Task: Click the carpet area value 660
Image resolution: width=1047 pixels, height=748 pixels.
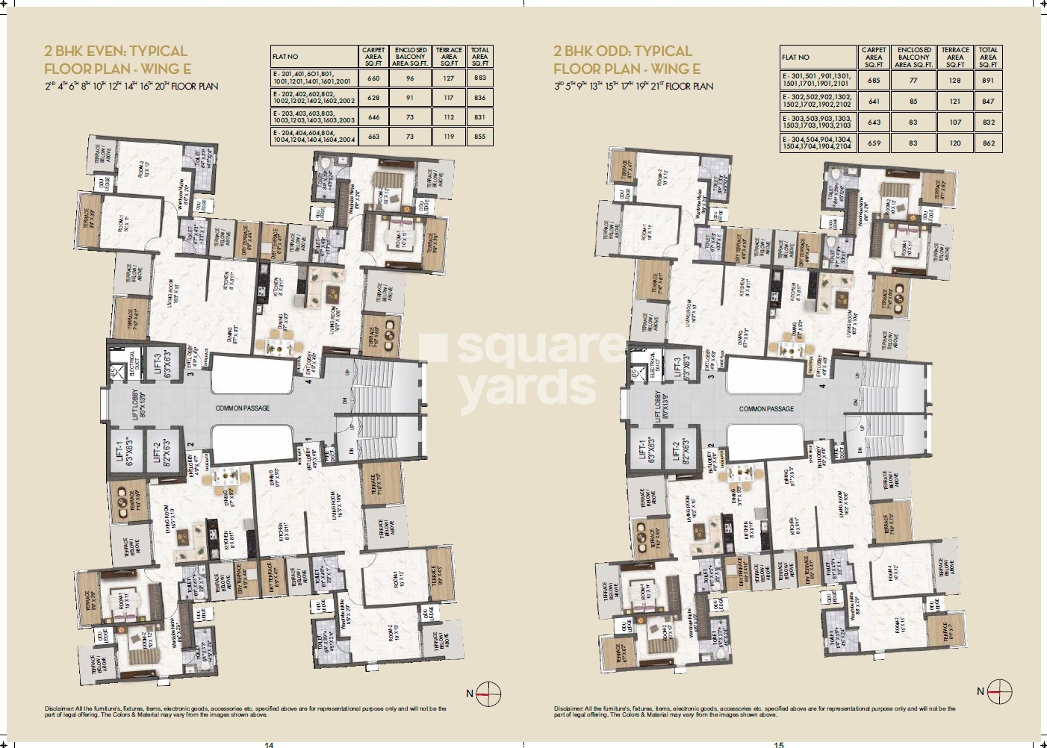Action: point(373,78)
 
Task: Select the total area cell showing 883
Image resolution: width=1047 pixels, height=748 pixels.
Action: point(479,78)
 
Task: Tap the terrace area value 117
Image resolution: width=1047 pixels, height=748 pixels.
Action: point(449,98)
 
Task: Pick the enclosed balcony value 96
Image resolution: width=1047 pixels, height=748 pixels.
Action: point(410,78)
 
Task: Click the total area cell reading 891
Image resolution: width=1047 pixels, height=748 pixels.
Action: point(988,80)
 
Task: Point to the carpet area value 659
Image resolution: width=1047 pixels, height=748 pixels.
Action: point(874,143)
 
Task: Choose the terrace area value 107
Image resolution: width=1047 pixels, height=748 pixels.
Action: point(955,122)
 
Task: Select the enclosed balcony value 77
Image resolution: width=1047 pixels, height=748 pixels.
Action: point(913,80)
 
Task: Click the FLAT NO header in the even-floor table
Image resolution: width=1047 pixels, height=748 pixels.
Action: point(285,57)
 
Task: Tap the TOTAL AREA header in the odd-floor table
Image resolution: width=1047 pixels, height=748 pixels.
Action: point(988,57)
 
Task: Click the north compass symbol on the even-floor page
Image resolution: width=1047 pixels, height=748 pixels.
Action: point(488,694)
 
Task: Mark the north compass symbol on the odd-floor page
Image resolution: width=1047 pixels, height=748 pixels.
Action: point(998,692)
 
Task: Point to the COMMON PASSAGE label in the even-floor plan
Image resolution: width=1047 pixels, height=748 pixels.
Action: point(243,408)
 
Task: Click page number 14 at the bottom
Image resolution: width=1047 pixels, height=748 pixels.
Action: point(270,744)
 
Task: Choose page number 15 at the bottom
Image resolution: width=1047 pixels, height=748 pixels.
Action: point(780,744)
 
